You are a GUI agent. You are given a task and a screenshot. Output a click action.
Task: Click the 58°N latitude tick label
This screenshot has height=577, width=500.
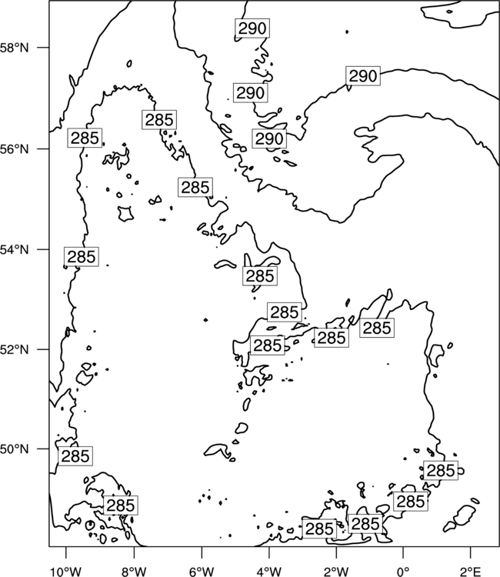pyautogui.click(x=15, y=48)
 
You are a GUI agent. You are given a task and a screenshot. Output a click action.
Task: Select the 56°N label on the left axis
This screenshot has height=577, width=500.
pyautogui.click(x=15, y=149)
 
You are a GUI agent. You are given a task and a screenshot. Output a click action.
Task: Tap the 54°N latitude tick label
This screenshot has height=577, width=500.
pyautogui.click(x=15, y=249)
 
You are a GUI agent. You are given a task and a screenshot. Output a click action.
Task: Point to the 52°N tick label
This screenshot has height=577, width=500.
pyautogui.click(x=15, y=349)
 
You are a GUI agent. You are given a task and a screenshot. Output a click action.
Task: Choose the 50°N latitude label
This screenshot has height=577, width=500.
pyautogui.click(x=15, y=449)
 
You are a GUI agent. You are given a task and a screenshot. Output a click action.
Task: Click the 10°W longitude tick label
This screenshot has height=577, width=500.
pyautogui.click(x=66, y=572)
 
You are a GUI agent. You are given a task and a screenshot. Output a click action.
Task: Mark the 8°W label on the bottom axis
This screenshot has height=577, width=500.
pyautogui.click(x=134, y=572)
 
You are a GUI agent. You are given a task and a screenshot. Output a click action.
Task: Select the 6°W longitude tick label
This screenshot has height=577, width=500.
pyautogui.click(x=202, y=572)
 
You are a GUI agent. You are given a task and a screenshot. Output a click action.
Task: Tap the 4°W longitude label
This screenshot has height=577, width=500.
pyautogui.click(x=268, y=572)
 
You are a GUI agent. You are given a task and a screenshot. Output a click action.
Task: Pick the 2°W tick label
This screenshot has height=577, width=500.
pyautogui.click(x=336, y=572)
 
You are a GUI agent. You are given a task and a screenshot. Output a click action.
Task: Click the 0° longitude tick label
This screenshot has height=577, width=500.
pyautogui.click(x=403, y=572)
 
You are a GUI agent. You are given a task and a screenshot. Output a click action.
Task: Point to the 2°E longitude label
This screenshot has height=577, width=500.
pyautogui.click(x=471, y=572)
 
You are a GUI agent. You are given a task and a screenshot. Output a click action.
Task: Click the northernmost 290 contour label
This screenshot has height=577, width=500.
pyautogui.click(x=252, y=28)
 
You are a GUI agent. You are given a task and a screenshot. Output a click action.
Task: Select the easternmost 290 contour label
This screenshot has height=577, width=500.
pyautogui.click(x=363, y=76)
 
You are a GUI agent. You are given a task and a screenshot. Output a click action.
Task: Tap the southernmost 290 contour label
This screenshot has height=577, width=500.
pyautogui.click(x=269, y=138)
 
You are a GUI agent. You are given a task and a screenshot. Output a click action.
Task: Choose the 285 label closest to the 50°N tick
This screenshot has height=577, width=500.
pyautogui.click(x=75, y=456)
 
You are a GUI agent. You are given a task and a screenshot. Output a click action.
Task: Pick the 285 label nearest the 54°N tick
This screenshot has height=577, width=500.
pyautogui.click(x=82, y=256)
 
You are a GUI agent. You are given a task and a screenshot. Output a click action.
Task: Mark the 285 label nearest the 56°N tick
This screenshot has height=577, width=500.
pyautogui.click(x=85, y=138)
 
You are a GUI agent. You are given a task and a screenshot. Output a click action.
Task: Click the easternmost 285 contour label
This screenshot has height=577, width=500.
pyautogui.click(x=441, y=470)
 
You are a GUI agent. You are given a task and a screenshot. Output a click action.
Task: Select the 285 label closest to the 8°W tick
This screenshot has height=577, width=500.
pyautogui.click(x=121, y=505)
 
